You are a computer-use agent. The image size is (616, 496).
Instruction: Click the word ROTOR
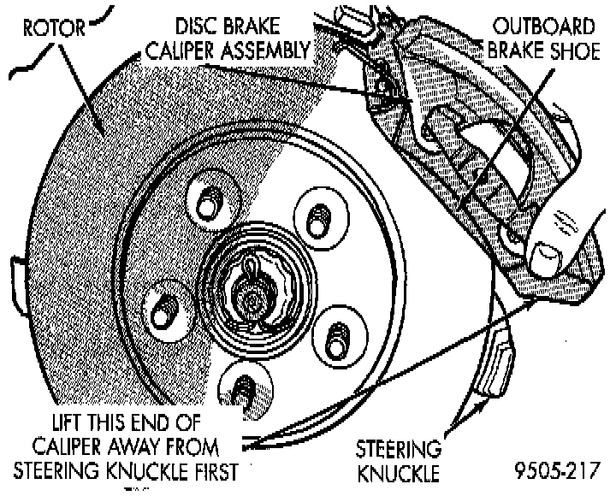tap(53, 29)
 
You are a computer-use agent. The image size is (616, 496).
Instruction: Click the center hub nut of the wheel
tap(252, 298)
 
